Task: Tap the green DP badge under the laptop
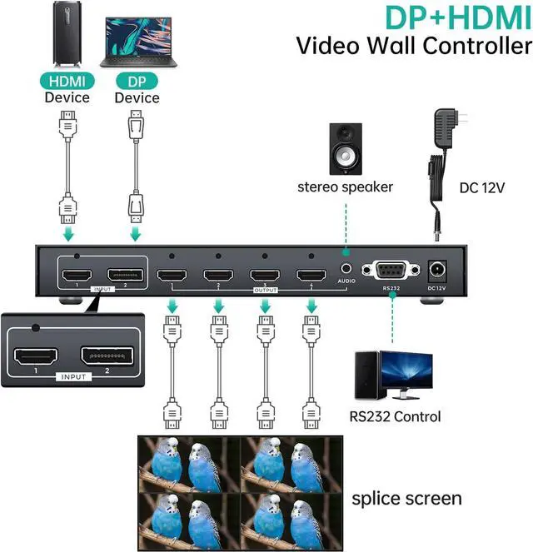tap(137, 82)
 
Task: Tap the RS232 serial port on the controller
tap(391, 271)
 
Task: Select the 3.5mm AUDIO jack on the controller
tap(346, 269)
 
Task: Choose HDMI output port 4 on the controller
tap(311, 276)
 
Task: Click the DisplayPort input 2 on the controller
tap(125, 276)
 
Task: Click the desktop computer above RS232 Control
tap(393, 374)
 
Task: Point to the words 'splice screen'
tap(406, 499)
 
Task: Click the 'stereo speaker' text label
tap(345, 186)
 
